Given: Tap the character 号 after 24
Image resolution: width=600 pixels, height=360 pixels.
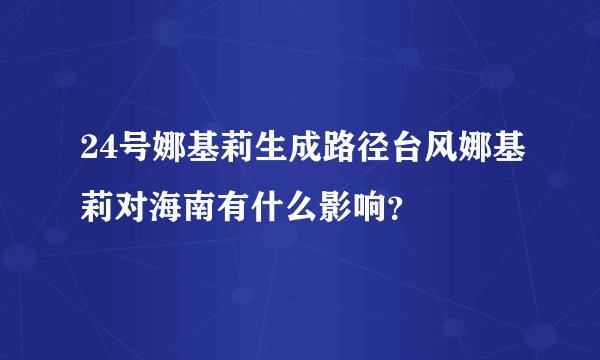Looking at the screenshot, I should click(130, 154).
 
